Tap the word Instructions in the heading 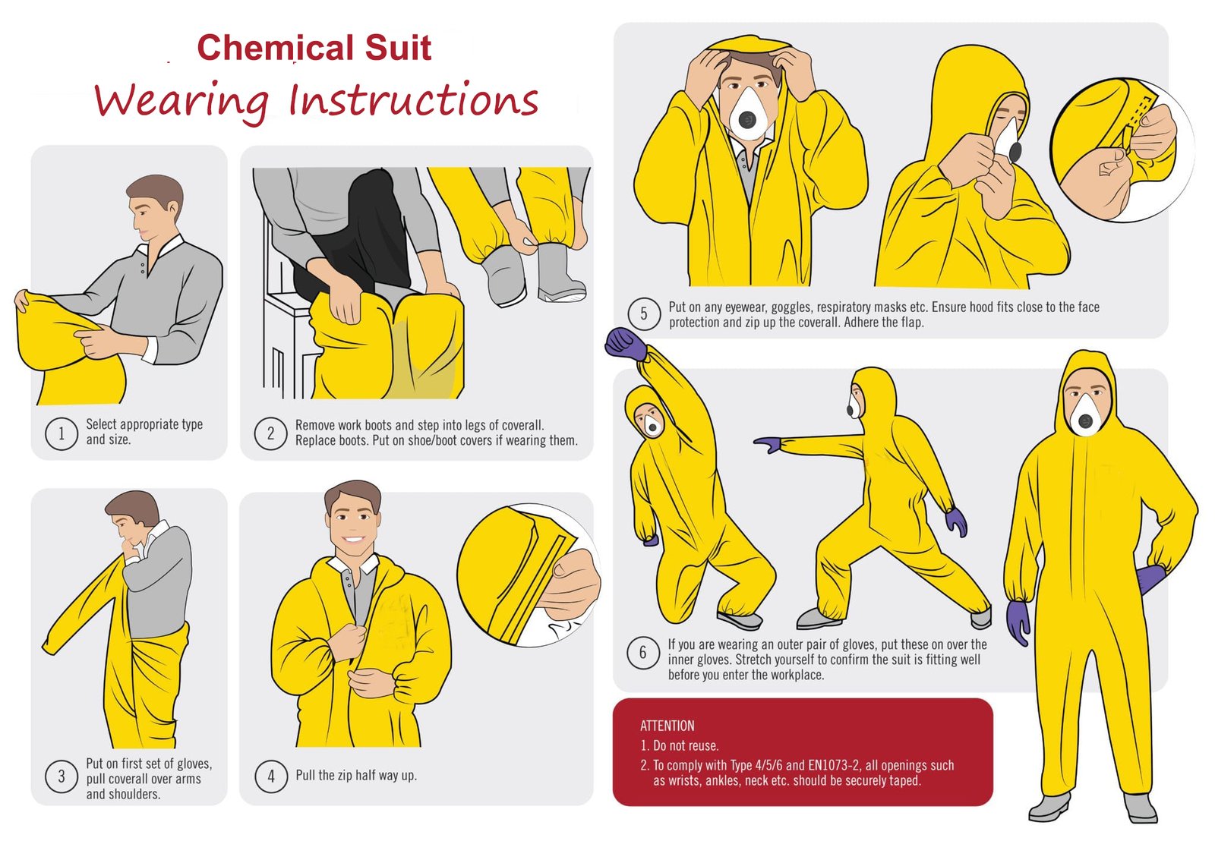[414, 100]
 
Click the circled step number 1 [62, 433]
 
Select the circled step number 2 [270, 433]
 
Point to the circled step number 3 [62, 776]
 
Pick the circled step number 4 [270, 776]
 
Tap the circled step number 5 [644, 314]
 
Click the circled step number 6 [642, 653]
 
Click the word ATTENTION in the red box [667, 726]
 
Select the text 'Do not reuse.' [686, 745]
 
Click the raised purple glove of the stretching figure [624, 344]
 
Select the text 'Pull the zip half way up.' [355, 775]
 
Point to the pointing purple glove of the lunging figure [768, 444]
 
